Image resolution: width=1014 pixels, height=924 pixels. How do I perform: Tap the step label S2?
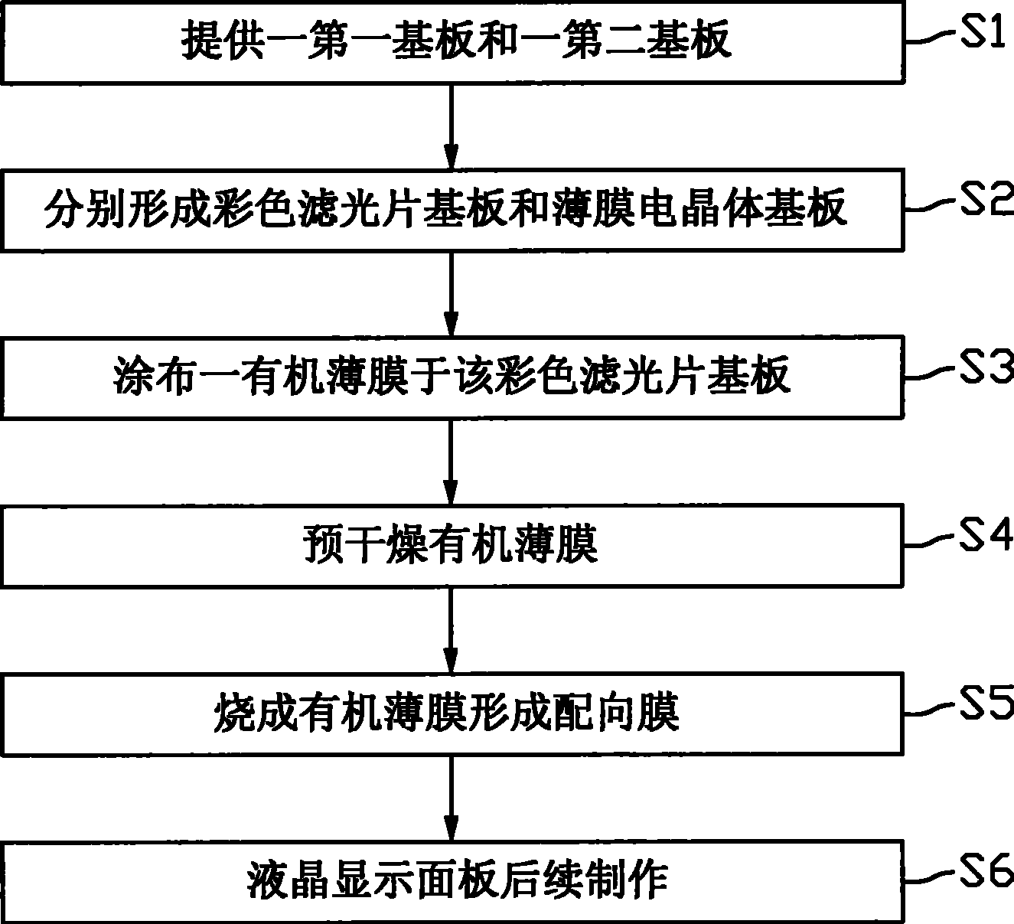tap(986, 199)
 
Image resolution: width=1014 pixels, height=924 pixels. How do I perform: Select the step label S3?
tap(986, 367)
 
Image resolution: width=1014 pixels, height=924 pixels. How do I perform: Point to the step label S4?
tap(986, 536)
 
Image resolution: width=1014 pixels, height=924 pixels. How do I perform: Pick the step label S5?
tap(986, 704)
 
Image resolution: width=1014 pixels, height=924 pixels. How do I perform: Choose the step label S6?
tap(986, 871)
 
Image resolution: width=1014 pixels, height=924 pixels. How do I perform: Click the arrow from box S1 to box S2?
tap(451, 126)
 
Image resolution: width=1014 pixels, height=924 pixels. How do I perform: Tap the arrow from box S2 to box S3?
tap(451, 294)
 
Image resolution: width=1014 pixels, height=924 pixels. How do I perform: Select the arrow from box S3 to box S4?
tap(451, 462)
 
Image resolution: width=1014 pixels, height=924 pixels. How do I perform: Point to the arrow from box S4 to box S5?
tap(451, 631)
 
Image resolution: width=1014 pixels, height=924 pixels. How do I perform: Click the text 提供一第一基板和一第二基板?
tap(456, 41)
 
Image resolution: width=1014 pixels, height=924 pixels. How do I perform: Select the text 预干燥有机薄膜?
tap(451, 545)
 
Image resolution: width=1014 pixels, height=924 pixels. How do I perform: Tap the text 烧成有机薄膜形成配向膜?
tap(446, 713)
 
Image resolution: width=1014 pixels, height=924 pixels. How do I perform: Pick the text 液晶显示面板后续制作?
tap(458, 880)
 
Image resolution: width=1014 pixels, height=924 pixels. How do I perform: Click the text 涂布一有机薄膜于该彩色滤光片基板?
tap(452, 377)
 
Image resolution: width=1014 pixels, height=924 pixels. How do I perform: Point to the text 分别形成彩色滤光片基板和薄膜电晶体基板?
tap(445, 208)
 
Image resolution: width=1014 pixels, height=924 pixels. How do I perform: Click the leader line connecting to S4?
tap(931, 540)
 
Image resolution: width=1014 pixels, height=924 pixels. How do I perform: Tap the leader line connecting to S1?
tap(931, 37)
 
